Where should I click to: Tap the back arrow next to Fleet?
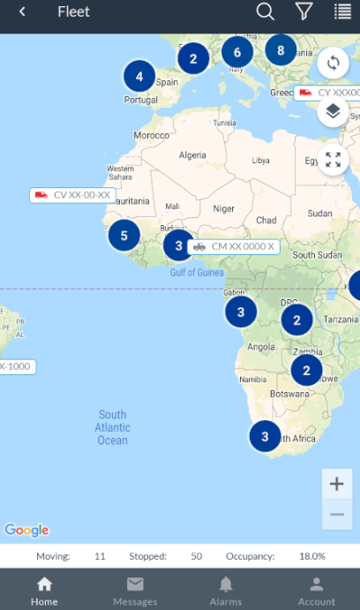(x=22, y=11)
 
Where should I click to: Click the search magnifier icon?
(x=265, y=11)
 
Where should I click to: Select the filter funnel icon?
(x=304, y=11)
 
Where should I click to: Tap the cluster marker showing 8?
(x=281, y=50)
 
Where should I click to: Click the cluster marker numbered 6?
(x=237, y=52)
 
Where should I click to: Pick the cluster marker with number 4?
(x=139, y=77)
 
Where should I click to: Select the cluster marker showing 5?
(x=124, y=236)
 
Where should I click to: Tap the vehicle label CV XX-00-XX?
(x=73, y=195)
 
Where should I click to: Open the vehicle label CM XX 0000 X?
(x=234, y=247)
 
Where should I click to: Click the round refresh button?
(x=333, y=63)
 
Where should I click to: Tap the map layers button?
(x=333, y=111)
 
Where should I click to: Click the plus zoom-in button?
(x=336, y=484)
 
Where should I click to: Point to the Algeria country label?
(x=192, y=155)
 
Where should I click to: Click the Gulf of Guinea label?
(x=197, y=273)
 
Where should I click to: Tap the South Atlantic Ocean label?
(x=113, y=427)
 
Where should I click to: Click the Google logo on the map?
(x=26, y=530)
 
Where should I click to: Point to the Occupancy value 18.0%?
(x=312, y=556)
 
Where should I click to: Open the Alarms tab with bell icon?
(x=226, y=590)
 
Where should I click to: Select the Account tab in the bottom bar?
(x=316, y=590)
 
